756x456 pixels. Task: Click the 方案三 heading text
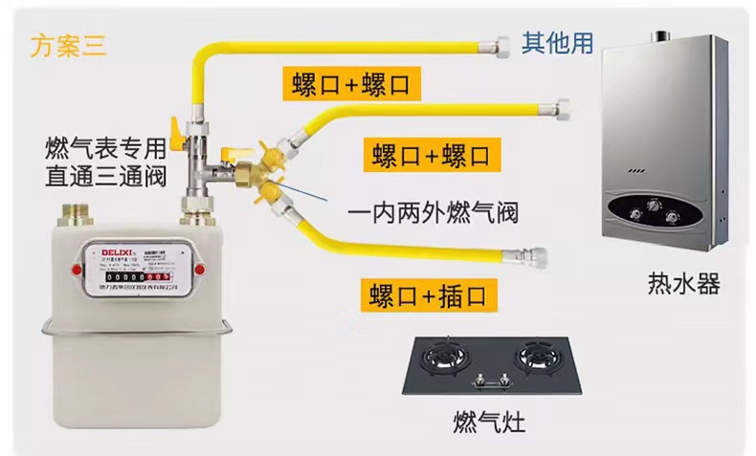(70, 45)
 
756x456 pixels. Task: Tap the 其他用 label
(557, 42)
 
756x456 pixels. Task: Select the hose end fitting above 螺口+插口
(529, 254)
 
